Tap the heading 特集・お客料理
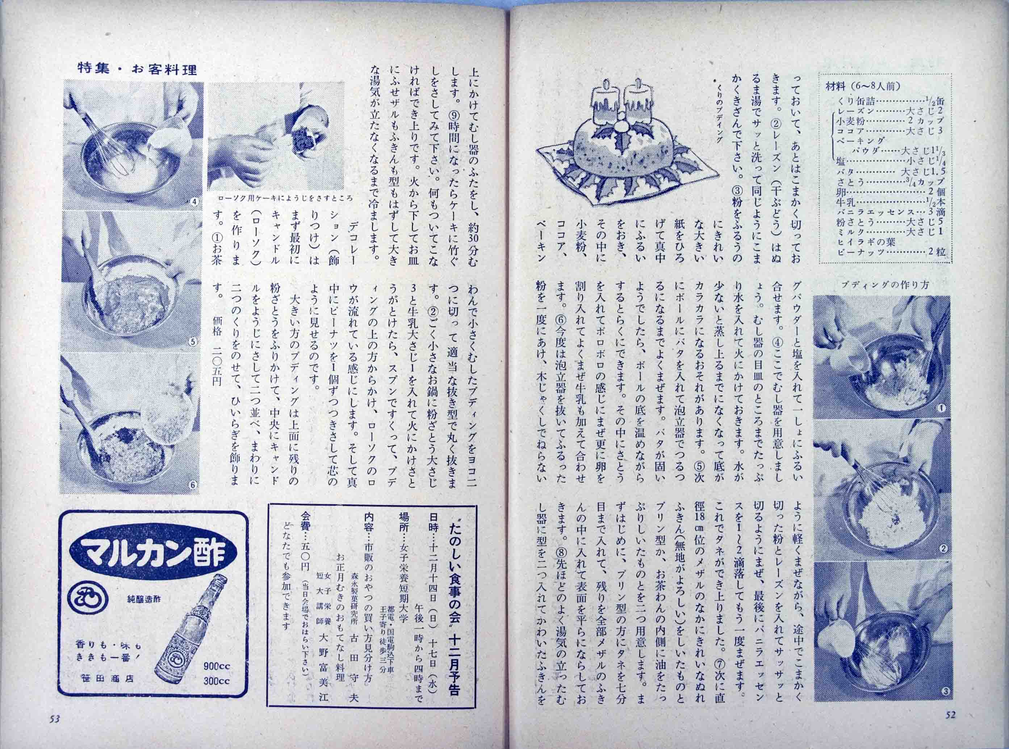(137, 70)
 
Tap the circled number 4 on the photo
(193, 202)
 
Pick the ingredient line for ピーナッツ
(888, 252)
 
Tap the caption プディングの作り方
(879, 284)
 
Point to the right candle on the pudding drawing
(638, 106)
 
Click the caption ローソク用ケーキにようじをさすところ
(285, 198)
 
